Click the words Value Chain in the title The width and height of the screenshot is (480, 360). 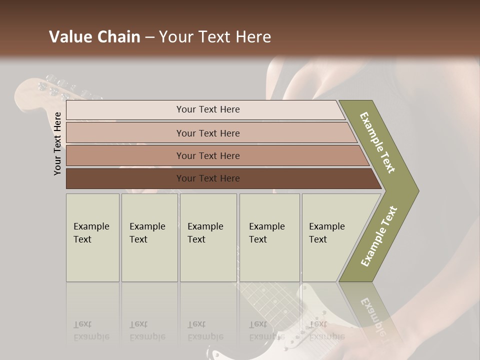point(94,37)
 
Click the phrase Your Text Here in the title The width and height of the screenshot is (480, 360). point(215,37)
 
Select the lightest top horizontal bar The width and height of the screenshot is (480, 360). point(207,109)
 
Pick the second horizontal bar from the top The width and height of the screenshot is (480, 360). point(207,133)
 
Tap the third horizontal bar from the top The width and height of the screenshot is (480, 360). point(207,155)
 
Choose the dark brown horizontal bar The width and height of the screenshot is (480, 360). point(207,178)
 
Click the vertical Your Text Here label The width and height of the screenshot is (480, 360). point(57,143)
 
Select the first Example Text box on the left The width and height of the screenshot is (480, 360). point(92,237)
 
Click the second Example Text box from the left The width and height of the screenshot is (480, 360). point(149,237)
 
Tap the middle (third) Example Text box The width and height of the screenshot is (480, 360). point(207,237)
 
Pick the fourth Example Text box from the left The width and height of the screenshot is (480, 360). point(269,237)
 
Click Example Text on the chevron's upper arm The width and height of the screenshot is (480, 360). point(377,142)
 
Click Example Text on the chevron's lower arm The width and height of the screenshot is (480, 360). point(379,236)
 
